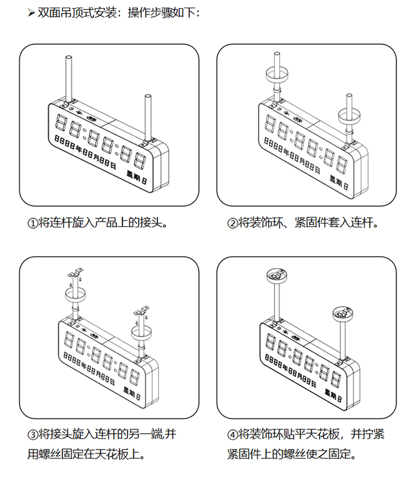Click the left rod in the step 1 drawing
pyautogui.click(x=68, y=78)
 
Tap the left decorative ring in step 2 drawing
pyautogui.click(x=276, y=73)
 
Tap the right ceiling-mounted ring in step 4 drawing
pyautogui.click(x=343, y=314)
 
